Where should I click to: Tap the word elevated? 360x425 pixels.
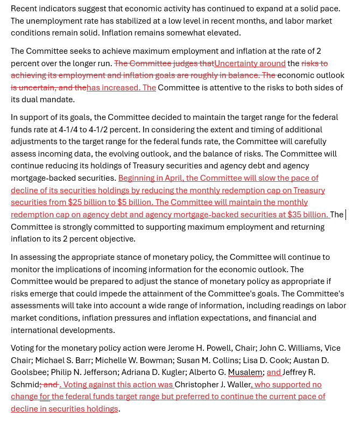coord(223,33)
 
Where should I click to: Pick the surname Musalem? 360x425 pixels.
coord(245,372)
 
